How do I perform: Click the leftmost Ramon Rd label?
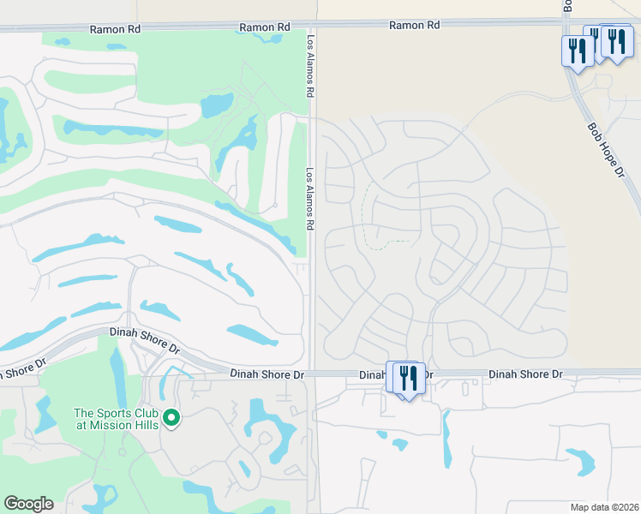[x=117, y=28]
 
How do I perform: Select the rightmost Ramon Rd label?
[x=414, y=26]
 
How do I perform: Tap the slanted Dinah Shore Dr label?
[x=144, y=340]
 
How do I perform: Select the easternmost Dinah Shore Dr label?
[x=525, y=374]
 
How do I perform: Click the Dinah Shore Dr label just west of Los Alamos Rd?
[x=267, y=374]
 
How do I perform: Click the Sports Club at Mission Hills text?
[x=116, y=418]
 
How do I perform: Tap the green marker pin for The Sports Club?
[x=172, y=418]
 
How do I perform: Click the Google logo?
[x=28, y=504]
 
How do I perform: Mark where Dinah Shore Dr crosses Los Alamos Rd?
[x=313, y=374]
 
